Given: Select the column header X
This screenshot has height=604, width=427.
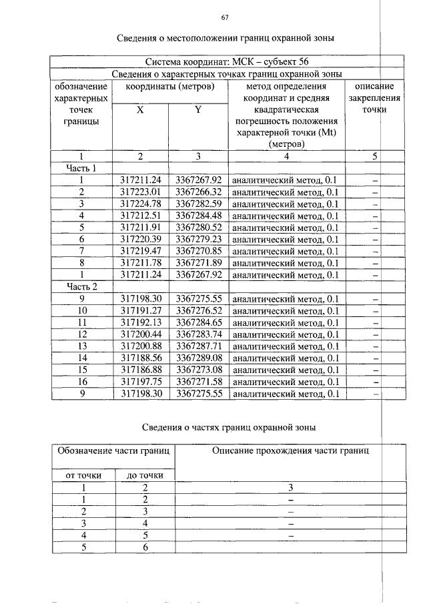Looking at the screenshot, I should click(x=140, y=110).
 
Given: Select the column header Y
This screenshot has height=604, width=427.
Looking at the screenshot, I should click(x=198, y=110).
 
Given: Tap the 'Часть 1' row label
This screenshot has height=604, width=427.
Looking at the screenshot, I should click(x=81, y=168).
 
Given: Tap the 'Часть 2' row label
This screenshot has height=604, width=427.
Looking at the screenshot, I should click(x=81, y=287).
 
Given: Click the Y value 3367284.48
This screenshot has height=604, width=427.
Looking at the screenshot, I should click(x=198, y=216).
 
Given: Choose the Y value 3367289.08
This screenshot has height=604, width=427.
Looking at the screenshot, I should click(x=198, y=358).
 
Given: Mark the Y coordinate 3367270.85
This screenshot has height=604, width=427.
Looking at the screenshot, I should click(x=198, y=252).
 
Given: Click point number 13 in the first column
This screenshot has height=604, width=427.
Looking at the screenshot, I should click(x=82, y=346).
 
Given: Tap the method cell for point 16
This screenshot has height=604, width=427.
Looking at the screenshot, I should click(x=286, y=382).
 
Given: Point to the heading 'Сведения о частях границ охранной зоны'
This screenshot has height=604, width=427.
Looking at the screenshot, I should click(x=230, y=426).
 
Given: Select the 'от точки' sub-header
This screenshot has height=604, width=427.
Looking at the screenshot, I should click(x=82, y=475).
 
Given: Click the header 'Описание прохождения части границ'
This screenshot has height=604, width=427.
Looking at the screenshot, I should click(x=290, y=451).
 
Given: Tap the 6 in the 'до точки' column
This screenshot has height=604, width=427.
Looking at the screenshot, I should click(x=144, y=547).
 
